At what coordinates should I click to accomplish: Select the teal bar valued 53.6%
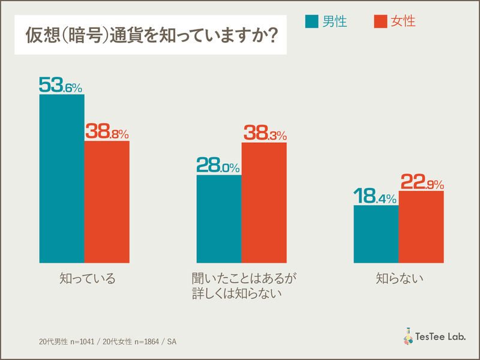(x=62, y=178)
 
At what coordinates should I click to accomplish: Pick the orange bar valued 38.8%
(x=107, y=202)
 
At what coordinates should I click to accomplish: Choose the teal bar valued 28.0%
(x=219, y=218)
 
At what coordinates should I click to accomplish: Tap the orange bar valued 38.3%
(x=264, y=202)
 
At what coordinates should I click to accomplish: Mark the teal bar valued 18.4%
(x=376, y=234)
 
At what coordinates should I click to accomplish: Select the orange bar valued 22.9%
(x=421, y=226)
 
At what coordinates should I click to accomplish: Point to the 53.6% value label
(x=61, y=85)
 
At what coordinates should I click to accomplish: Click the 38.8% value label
(x=107, y=131)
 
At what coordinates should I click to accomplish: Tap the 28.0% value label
(x=218, y=166)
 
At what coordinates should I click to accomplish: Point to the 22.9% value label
(x=421, y=181)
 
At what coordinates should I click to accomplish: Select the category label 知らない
(x=400, y=278)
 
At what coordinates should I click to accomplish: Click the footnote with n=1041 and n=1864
(x=107, y=341)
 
